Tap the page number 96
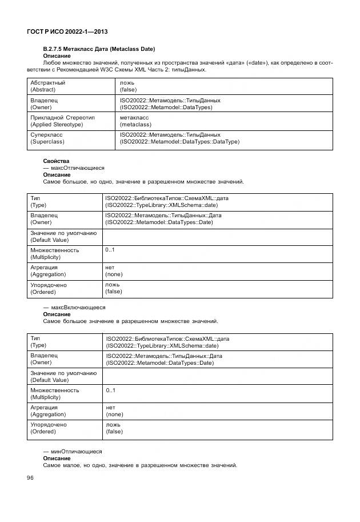point(31,478)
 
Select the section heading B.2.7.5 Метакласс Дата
point(99,49)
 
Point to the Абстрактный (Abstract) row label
point(47,86)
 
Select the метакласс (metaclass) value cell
point(135,121)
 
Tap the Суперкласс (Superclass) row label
point(47,138)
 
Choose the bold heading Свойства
point(56,161)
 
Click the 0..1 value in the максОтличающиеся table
point(110,250)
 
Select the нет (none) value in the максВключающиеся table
point(114,411)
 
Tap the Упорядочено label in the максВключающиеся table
point(49,425)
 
